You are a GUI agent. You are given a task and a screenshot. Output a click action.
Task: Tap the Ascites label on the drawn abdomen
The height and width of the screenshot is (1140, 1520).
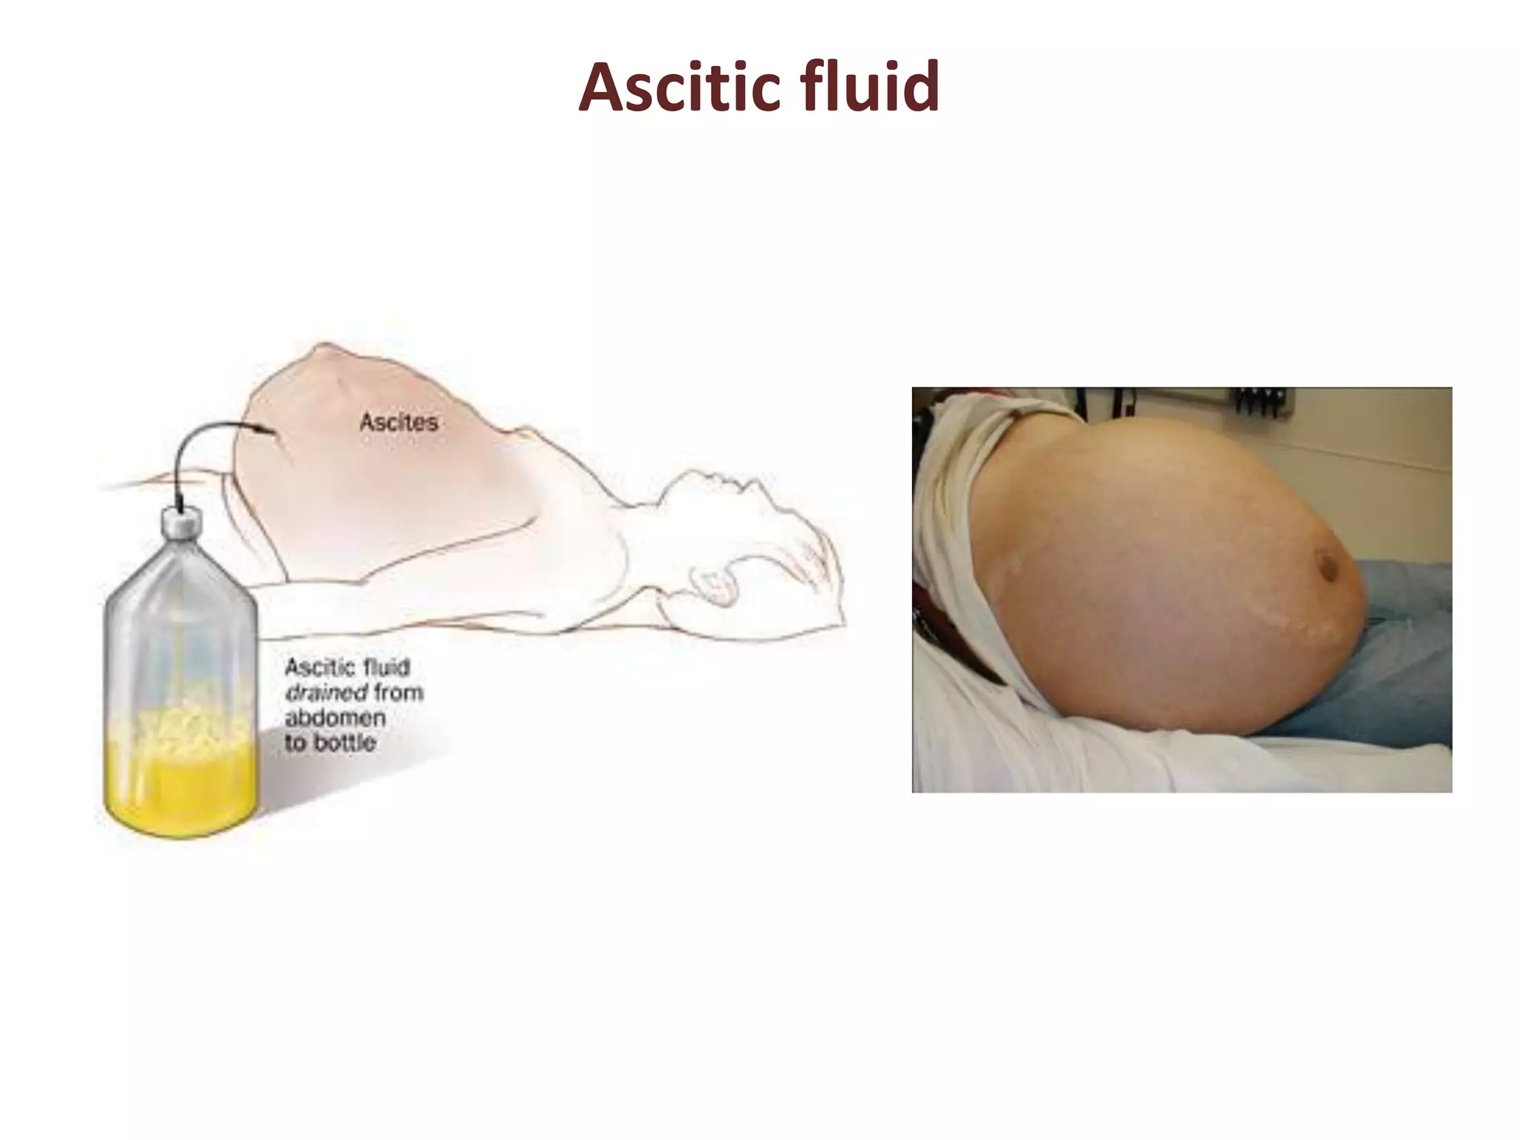(399, 422)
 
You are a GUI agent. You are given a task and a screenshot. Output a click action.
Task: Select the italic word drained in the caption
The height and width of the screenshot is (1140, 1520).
(325, 692)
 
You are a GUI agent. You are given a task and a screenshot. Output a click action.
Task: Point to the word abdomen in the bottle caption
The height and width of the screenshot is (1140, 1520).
(335, 718)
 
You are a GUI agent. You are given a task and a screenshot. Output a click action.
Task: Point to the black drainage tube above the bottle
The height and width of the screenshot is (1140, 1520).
(186, 453)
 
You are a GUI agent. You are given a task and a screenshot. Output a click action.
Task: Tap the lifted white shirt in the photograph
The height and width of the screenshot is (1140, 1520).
(957, 520)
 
